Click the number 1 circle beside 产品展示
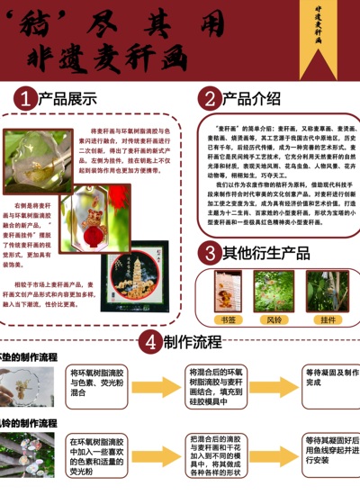tap(28, 98)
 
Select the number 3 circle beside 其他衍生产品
tap(209, 252)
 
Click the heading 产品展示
tap(71, 98)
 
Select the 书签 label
tap(229, 319)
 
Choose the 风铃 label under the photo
tap(274, 319)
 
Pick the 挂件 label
tap(327, 319)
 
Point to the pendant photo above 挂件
tap(326, 290)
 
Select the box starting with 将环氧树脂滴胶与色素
tap(98, 382)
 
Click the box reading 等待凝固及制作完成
tap(331, 378)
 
